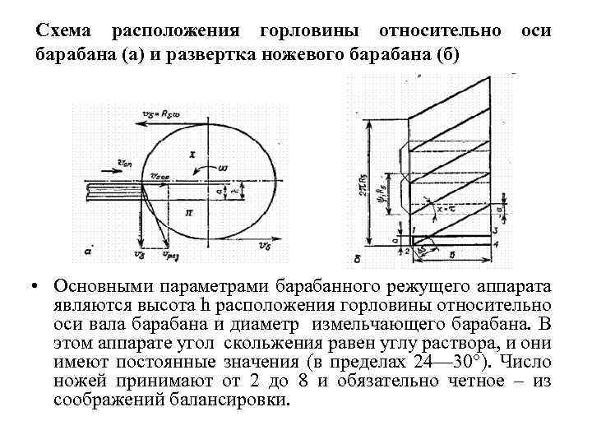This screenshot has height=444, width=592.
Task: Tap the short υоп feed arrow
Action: [101, 161]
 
